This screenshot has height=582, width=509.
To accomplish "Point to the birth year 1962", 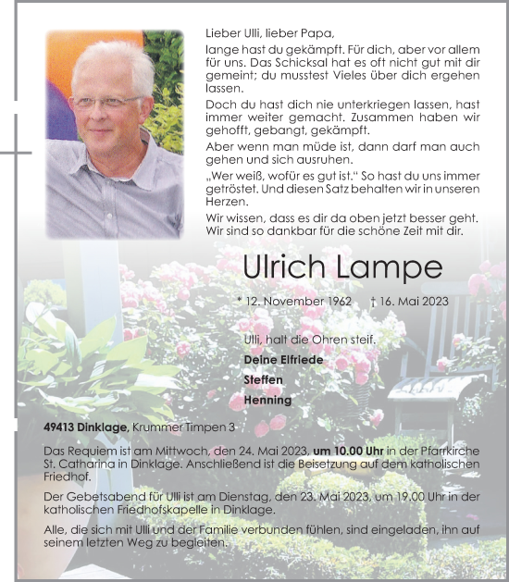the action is point(338,302).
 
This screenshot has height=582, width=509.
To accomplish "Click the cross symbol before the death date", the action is point(372,302).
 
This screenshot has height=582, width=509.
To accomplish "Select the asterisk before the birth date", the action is point(241,302).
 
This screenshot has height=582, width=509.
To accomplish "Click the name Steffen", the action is point(263,380).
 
